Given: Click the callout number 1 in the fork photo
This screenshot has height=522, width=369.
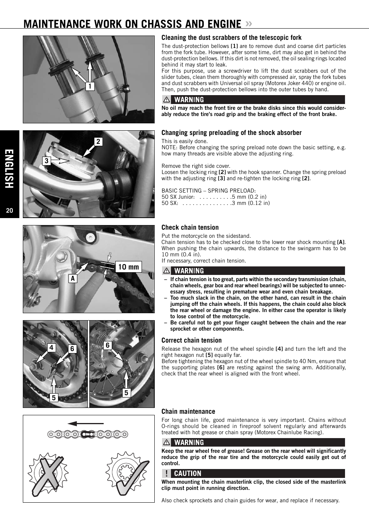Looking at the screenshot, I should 90,86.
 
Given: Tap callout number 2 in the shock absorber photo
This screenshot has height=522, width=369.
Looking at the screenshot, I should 98,142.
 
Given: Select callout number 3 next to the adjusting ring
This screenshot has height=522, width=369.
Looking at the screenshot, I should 46,161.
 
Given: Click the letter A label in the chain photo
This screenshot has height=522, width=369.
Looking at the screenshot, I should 73,278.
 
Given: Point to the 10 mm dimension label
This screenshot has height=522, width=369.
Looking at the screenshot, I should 128,267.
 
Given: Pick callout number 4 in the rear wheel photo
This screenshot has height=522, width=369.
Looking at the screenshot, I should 51,348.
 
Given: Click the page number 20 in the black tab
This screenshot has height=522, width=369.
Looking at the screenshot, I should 10,211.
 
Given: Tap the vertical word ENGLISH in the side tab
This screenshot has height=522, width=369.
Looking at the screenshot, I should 10,169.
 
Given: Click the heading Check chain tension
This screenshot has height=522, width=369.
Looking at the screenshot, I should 190,227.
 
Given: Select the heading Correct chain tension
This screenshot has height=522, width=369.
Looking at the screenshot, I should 191,340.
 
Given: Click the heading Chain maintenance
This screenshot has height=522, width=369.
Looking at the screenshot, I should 188,411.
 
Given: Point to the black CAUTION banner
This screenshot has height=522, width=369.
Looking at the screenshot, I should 253,473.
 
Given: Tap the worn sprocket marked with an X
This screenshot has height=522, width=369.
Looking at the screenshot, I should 48,474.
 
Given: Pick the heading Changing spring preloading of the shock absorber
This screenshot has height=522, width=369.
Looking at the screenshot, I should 231,133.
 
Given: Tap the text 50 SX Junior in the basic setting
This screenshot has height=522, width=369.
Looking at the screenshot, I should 178,197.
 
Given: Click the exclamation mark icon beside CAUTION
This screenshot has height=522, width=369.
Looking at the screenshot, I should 166,473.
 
